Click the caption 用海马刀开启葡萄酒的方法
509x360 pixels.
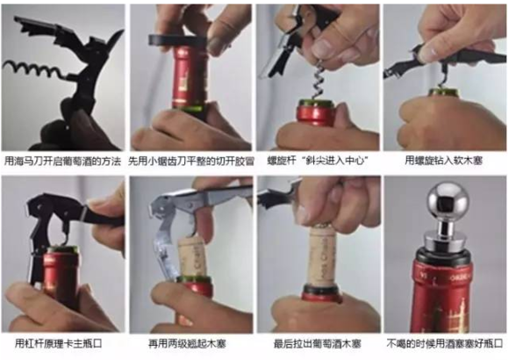[x=63, y=162]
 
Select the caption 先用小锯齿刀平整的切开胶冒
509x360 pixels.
[x=190, y=162]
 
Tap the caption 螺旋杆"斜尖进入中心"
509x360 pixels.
[x=317, y=162]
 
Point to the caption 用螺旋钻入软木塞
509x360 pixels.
[x=444, y=162]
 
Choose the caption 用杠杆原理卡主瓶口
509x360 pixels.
[x=63, y=342]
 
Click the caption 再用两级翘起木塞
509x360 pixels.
[x=190, y=342]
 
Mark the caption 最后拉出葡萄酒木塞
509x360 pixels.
[x=317, y=342]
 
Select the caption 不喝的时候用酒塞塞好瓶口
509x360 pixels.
[x=444, y=342]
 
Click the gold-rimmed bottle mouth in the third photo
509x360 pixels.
[x=316, y=104]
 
